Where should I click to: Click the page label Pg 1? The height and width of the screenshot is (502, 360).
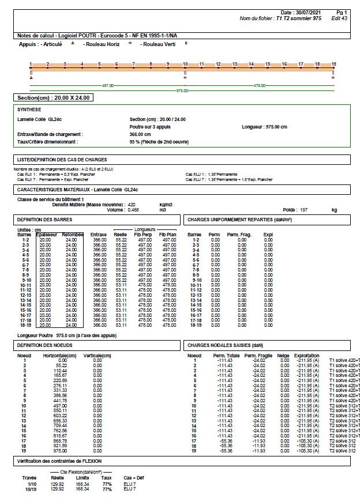pyautogui.click(x=342, y=12)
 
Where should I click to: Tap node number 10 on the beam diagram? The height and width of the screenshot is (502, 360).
pyautogui.click(x=185, y=64)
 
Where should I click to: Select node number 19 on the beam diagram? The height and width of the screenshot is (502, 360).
pyautogui.click(x=333, y=64)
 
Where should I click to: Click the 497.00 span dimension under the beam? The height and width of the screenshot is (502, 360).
pyautogui.click(x=107, y=85)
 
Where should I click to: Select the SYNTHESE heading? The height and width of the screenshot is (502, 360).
pyautogui.click(x=30, y=108)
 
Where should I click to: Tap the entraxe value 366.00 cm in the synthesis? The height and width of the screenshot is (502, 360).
pyautogui.click(x=141, y=133)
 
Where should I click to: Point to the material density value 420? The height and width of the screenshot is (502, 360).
pyautogui.click(x=131, y=205)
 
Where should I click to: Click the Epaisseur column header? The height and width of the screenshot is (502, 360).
pyautogui.click(x=47, y=235)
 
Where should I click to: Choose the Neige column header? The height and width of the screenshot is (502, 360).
pyautogui.click(x=283, y=355)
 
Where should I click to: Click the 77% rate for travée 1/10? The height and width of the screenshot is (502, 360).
pyautogui.click(x=107, y=485)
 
